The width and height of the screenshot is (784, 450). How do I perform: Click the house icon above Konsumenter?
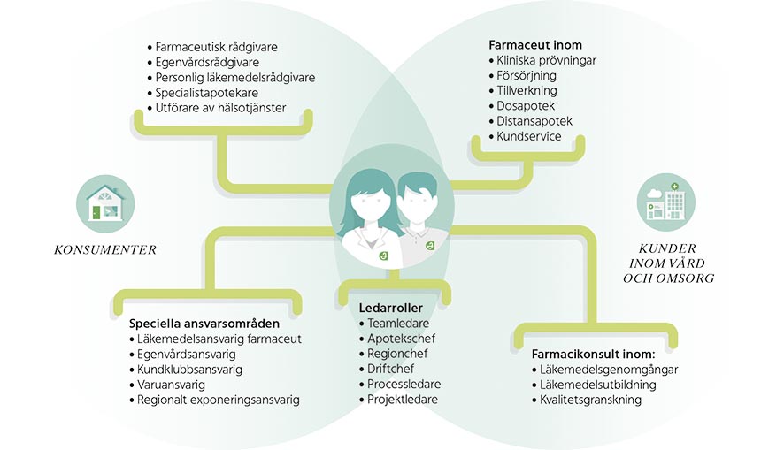(x=106, y=203)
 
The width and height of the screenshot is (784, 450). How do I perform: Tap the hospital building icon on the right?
(x=665, y=202)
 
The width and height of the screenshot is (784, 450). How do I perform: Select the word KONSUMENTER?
(x=105, y=250)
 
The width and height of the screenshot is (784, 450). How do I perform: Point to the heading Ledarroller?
(x=390, y=308)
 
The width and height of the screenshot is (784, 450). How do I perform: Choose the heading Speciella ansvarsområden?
(x=204, y=324)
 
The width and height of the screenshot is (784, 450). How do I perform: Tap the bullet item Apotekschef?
(x=402, y=339)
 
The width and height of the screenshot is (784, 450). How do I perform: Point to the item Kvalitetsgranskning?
(x=590, y=400)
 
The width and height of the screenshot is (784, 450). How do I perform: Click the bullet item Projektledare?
(x=403, y=399)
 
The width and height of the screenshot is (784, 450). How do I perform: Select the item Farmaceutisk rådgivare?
(x=217, y=47)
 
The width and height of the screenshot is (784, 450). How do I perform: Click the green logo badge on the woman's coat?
(x=383, y=256)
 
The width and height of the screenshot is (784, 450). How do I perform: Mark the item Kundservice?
(x=529, y=136)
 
